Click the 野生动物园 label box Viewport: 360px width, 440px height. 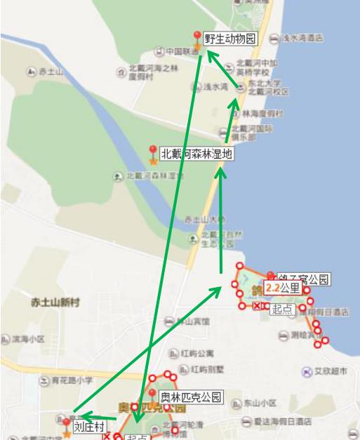coord(229,39)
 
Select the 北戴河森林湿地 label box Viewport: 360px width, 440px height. coord(196,154)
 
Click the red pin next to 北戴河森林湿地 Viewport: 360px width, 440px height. coord(153,152)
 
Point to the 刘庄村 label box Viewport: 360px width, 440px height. coord(89,427)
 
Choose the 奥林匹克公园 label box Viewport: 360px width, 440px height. coord(190,397)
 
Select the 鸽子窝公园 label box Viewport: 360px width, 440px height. coord(303,279)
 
